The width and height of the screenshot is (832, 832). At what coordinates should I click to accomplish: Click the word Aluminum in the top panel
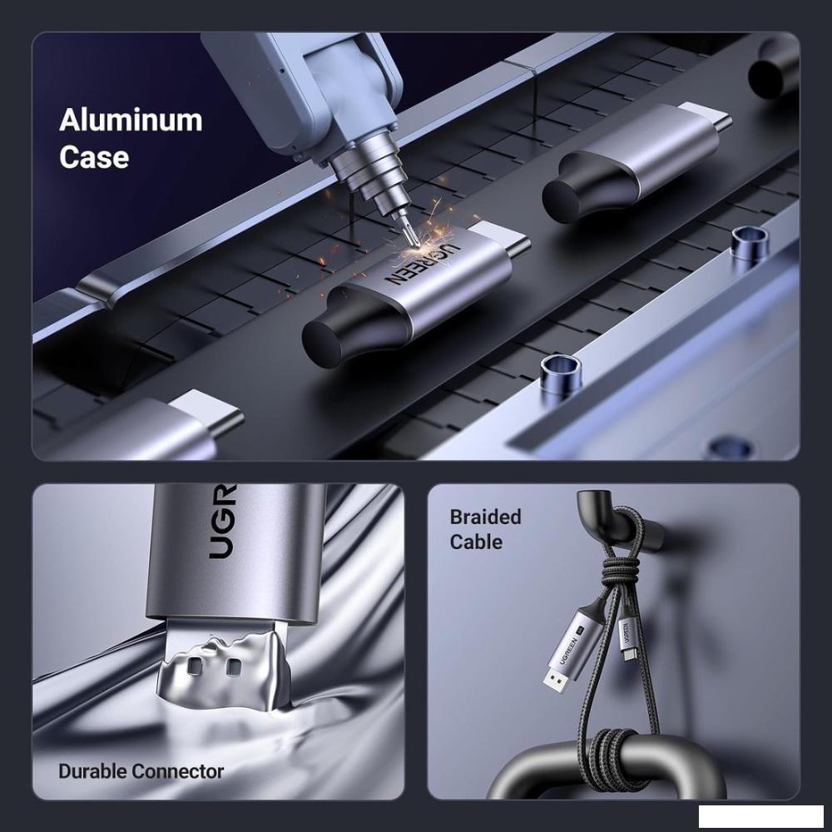coord(131,121)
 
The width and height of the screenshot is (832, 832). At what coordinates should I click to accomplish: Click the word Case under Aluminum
coord(94,157)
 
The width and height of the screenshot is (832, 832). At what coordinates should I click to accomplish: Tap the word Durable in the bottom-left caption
coord(93,771)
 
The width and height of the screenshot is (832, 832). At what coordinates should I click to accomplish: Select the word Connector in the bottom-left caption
coord(178,771)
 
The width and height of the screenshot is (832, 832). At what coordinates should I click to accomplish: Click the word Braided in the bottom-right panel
coord(486,517)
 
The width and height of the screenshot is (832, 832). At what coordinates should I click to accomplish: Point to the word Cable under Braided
coord(476,542)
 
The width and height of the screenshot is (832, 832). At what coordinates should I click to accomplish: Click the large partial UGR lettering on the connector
coord(222,522)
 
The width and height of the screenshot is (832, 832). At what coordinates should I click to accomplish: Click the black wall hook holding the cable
coord(616,522)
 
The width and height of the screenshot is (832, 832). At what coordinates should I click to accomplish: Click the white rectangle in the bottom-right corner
coord(761,816)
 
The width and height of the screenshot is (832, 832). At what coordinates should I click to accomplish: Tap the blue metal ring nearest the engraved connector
coord(561,374)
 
